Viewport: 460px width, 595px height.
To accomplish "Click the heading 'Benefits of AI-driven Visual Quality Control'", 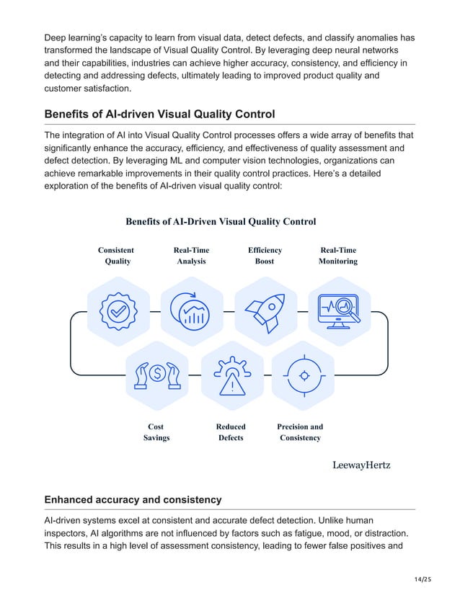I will coord(159,114).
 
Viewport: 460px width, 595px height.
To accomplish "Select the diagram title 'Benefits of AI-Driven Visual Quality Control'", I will coord(221,222).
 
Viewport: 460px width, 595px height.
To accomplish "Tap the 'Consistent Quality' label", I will coord(118,256).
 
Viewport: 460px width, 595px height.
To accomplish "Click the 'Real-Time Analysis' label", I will coord(191,256).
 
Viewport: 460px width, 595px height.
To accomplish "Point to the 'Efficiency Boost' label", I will coord(265,256).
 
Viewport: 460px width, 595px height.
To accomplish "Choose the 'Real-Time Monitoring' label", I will coord(337,256).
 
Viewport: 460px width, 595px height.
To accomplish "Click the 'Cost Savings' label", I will coord(156,432).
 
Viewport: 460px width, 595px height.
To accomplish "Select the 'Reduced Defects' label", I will coord(231,432).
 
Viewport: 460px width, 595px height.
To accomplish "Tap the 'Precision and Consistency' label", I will coord(300,432).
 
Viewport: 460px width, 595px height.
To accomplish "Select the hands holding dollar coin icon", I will coord(156,375).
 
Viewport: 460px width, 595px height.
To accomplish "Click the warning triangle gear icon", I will coord(231,375).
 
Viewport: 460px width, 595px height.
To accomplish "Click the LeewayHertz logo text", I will coord(361,465).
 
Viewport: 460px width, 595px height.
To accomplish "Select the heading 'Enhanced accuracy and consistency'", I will coord(133,500).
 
